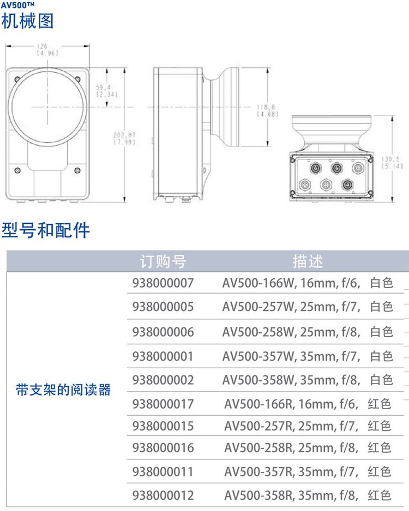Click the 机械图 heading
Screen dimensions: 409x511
point(27,21)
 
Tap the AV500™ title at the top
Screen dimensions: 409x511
point(17,5)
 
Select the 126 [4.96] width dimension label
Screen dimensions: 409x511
point(47,50)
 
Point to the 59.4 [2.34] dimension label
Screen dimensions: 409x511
point(107,91)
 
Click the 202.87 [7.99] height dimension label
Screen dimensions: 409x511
point(124,138)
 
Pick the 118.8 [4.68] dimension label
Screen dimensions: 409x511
point(267,111)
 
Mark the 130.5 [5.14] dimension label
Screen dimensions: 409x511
point(392,163)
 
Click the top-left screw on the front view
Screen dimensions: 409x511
point(17,79)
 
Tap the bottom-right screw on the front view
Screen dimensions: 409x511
point(77,171)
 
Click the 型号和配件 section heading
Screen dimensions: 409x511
point(45,230)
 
